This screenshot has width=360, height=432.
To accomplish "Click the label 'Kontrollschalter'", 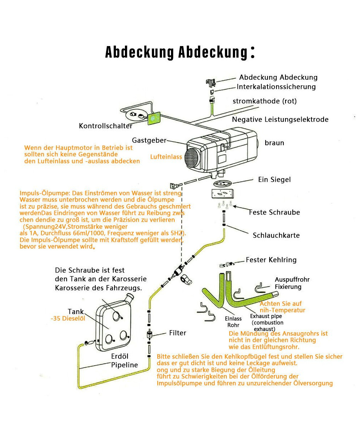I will point(105,126).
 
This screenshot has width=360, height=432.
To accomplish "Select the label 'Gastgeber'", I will point(149,140).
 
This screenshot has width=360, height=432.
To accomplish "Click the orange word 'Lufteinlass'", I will point(166,157).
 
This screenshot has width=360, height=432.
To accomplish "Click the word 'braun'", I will point(274,143).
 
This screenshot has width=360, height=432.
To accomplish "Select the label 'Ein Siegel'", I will point(274,179).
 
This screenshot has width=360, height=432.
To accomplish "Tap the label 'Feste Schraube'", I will point(274,212).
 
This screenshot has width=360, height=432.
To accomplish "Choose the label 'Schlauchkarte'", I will point(276,235).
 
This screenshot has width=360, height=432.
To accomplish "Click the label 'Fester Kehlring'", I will point(271,260).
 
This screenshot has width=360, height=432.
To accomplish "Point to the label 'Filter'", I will point(177,333).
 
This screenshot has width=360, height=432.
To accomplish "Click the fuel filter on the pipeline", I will point(149,334).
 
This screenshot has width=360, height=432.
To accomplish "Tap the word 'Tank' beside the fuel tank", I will point(76,312).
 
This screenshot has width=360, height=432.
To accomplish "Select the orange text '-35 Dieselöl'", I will point(68,319).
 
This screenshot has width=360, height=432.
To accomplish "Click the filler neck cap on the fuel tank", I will point(130,297).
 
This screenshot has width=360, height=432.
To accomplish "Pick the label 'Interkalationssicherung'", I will point(276,87).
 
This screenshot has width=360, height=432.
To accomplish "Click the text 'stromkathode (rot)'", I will point(265,101).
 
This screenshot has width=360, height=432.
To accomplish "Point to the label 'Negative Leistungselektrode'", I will point(280,120).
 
